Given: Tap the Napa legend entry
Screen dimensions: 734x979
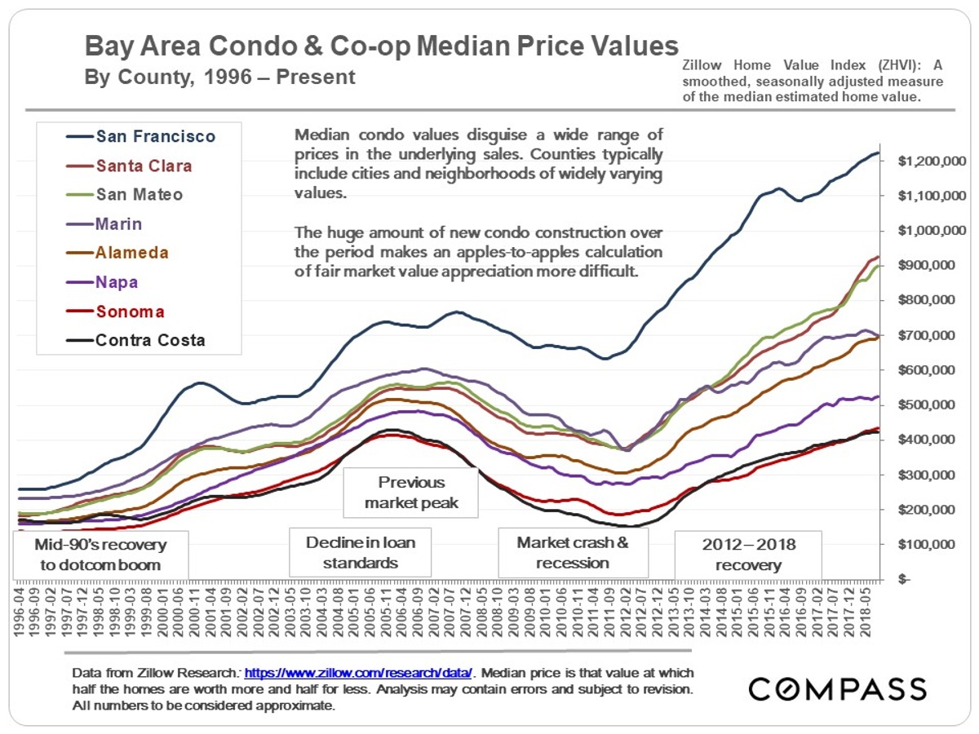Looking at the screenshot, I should coord(117,282).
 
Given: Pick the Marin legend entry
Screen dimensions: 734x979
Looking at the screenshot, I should coord(119,223).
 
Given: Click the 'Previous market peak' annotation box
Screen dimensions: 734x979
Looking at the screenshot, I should coord(410,492).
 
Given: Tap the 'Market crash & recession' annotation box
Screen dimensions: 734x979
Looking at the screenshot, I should coord(573,552).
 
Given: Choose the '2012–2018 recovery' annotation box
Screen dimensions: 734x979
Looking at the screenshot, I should coord(748,554).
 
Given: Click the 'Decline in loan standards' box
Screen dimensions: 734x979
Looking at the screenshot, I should coord(360,552).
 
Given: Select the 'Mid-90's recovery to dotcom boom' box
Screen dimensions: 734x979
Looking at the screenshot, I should coord(100,554).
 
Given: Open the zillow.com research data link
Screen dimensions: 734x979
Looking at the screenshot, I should coord(358,673).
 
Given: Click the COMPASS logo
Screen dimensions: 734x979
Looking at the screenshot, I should coord(838,688).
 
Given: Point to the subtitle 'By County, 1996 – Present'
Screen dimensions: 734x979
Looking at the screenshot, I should coord(220,77).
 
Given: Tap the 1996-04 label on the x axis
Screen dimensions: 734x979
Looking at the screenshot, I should coord(18,608).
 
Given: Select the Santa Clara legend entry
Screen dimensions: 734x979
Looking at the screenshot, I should coord(144,166).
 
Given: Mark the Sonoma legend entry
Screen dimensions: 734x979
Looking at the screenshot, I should coord(130,312).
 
